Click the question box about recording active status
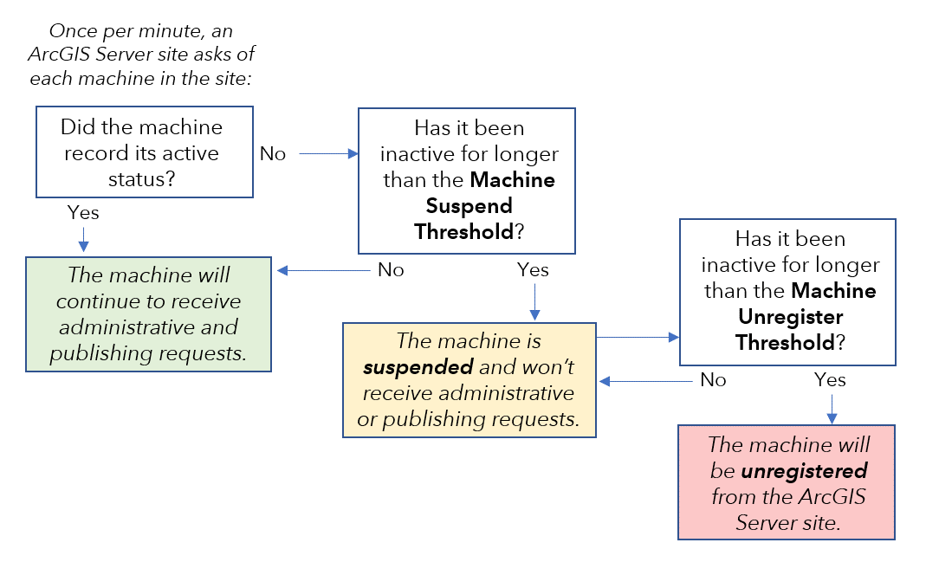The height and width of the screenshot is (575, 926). pos(144,152)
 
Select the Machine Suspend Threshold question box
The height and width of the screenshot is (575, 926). pos(466,180)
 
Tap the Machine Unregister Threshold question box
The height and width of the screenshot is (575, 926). pos(787,291)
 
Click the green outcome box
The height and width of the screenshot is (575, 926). pos(148,313)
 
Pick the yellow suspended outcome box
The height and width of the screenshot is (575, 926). pos(469,380)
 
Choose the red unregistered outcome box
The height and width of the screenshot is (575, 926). pos(786,482)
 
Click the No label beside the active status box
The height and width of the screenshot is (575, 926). pos(272,154)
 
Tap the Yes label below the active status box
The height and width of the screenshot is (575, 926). pos(83,213)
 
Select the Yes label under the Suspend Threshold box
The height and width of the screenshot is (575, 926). pos(533,270)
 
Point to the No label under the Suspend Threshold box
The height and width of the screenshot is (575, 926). pos(391,270)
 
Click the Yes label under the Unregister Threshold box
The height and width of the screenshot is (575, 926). pos(830,379)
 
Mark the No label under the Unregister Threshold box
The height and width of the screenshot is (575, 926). pos(712,380)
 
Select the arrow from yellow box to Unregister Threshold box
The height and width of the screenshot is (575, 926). pos(637,336)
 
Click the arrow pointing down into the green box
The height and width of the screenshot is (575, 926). pos(83,240)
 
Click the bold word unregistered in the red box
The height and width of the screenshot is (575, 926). pos(804,471)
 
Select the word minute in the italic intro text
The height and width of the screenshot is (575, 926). pos(172,31)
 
